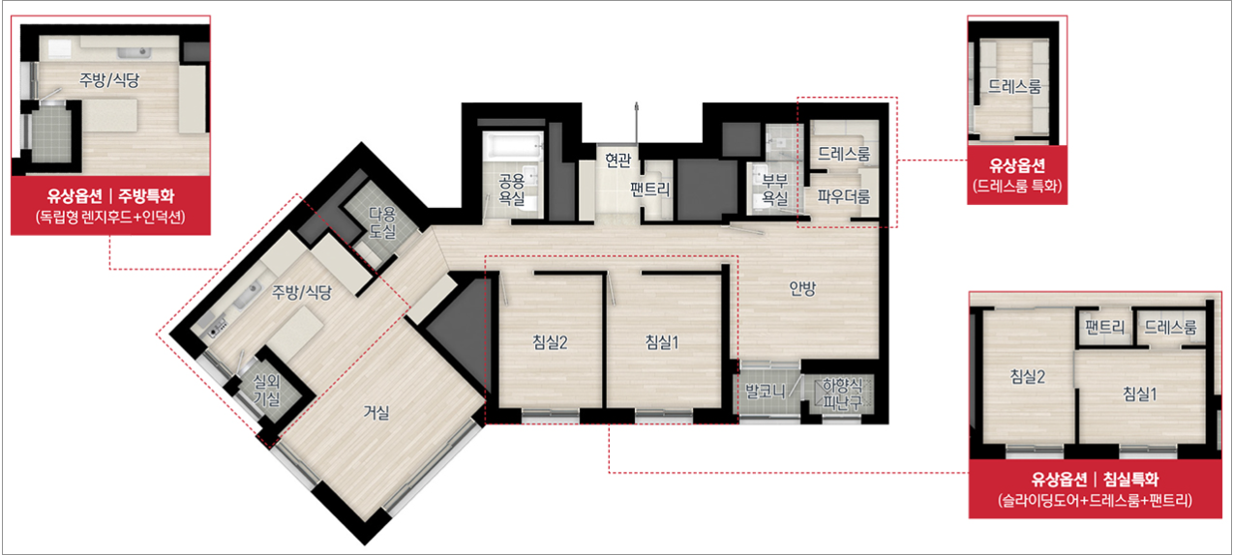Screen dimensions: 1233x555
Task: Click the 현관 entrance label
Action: pyautogui.click(x=617, y=161)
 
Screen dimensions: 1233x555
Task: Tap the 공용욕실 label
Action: pyautogui.click(x=512, y=190)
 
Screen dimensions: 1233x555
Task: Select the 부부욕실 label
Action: pyautogui.click(x=775, y=190)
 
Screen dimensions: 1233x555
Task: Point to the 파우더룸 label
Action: pyautogui.click(x=843, y=196)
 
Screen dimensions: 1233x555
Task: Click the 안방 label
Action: pyautogui.click(x=802, y=288)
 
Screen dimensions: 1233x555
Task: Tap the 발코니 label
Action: pyautogui.click(x=766, y=392)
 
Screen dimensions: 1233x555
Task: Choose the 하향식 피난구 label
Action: pyautogui.click(x=843, y=394)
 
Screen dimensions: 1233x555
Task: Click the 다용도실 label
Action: pyautogui.click(x=382, y=222)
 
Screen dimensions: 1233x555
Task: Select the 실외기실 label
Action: pyautogui.click(x=267, y=390)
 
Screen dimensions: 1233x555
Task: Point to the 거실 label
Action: pyautogui.click(x=377, y=413)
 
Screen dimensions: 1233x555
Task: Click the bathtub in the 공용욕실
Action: pyautogui.click(x=513, y=145)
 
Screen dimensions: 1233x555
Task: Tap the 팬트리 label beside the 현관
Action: pyautogui.click(x=650, y=190)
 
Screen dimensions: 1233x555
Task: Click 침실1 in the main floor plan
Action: pyautogui.click(x=662, y=342)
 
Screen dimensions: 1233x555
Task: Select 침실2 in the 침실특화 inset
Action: pyautogui.click(x=1028, y=377)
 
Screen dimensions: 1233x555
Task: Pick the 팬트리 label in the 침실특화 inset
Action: pyautogui.click(x=1104, y=327)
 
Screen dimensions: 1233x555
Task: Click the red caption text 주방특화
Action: pyautogui.click(x=146, y=195)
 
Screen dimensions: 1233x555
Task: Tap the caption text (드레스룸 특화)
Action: pyautogui.click(x=1017, y=186)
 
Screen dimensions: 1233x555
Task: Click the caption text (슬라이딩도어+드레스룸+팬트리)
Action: pyautogui.click(x=1095, y=501)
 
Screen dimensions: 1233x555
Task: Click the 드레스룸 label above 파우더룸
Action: pyautogui.click(x=844, y=154)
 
